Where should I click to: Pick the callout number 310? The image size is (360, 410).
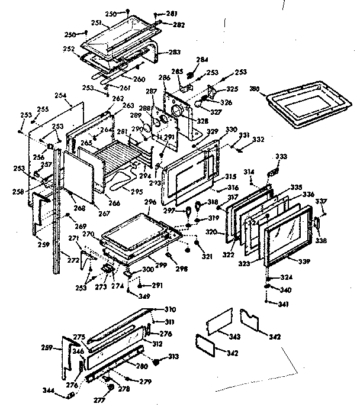point(171,309)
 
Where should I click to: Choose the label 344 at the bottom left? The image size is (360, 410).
point(65,391)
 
